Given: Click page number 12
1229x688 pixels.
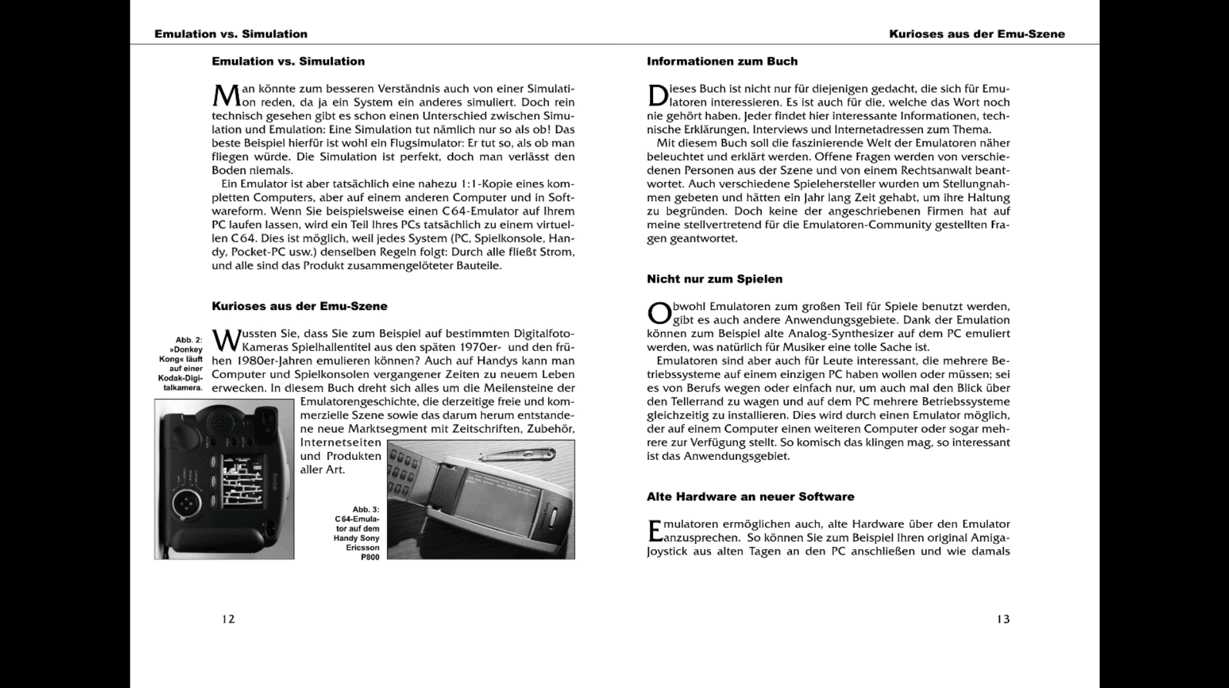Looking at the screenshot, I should (x=228, y=619).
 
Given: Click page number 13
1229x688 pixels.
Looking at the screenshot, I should (x=1003, y=619).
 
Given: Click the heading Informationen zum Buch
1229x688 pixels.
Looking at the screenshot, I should (x=722, y=62).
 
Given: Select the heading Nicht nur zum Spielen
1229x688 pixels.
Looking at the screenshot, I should (x=714, y=279).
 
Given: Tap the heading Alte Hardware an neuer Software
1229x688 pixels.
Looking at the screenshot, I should (x=750, y=496).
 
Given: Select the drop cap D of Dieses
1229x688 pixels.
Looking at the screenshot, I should (x=657, y=95).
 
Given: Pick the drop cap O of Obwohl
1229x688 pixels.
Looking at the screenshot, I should (x=658, y=313).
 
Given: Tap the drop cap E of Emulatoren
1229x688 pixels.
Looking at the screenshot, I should (x=654, y=531).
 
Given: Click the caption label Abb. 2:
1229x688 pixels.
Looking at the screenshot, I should (x=189, y=340).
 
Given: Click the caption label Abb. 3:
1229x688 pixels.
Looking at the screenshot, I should (x=366, y=510).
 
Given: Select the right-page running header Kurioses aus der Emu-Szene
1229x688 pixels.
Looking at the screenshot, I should (x=976, y=34).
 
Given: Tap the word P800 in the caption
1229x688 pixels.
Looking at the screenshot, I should (x=370, y=557).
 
